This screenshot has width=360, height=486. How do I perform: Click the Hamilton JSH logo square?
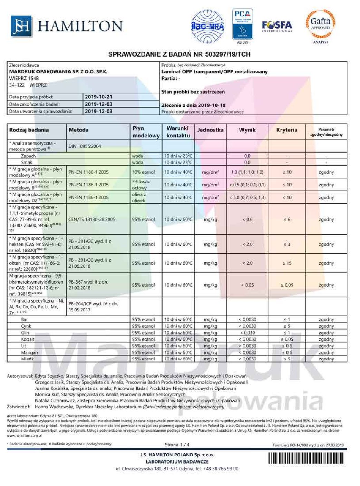pyautogui.click(x=21, y=26)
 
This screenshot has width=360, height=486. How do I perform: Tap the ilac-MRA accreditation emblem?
pyautogui.click(x=207, y=25)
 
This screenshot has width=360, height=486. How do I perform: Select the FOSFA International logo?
pyautogui.click(x=277, y=26)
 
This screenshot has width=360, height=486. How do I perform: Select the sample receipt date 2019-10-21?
pyautogui.click(x=98, y=97)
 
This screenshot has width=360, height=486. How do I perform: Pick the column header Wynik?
pyautogui.click(x=247, y=130)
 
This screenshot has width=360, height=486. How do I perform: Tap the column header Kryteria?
pyautogui.click(x=286, y=130)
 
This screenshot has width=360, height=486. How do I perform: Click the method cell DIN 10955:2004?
pyautogui.click(x=85, y=146)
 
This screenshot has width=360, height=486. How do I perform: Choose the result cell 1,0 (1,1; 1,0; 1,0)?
pyautogui.click(x=247, y=172)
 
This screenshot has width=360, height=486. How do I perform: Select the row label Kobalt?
pyautogui.click(x=28, y=339)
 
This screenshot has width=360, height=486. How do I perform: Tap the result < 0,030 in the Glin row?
pyautogui.click(x=247, y=333)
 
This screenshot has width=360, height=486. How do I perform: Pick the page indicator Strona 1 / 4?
pyautogui.click(x=177, y=445)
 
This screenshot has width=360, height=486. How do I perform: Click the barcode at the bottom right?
pyautogui.click(x=307, y=458)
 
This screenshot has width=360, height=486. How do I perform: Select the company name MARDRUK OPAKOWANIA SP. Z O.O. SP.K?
pyautogui.click(x=58, y=72)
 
